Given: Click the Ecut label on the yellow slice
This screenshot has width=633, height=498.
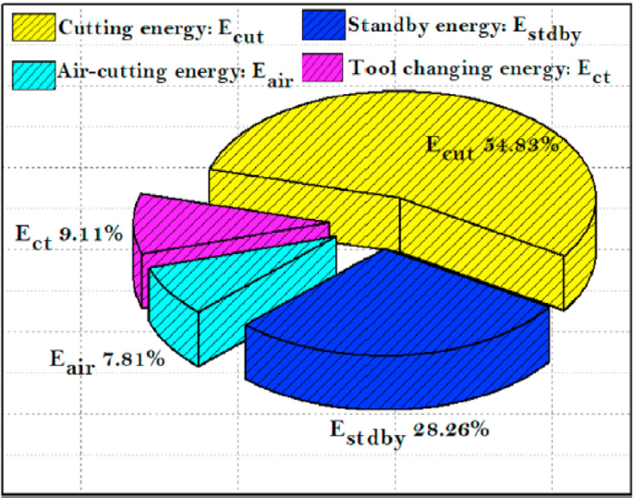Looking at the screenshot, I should [x=449, y=148].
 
